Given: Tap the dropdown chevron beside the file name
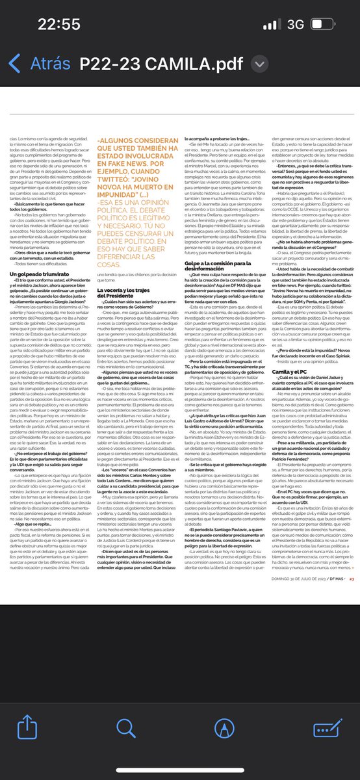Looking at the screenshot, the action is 259,64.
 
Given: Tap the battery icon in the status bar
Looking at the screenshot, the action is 331,25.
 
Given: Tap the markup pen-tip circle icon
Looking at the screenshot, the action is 224,723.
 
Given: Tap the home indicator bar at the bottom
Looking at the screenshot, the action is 180,770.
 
